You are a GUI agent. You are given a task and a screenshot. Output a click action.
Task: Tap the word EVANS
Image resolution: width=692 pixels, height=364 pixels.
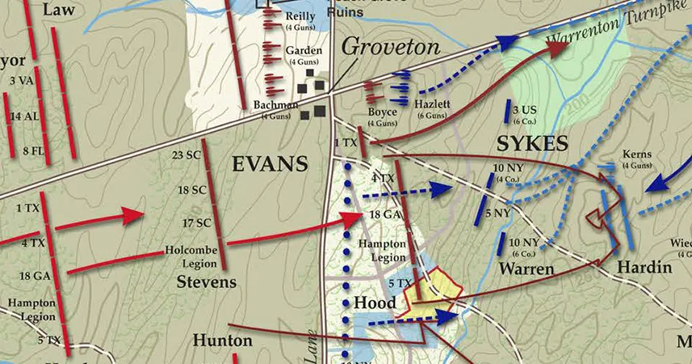tap(270, 164)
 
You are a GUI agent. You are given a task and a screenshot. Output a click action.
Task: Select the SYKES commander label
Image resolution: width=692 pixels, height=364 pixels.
tap(532, 144)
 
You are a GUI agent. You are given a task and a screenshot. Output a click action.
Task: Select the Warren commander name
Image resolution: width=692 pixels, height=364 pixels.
tap(526, 268)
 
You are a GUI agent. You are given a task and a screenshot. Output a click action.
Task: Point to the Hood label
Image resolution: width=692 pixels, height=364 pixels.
tap(375, 302)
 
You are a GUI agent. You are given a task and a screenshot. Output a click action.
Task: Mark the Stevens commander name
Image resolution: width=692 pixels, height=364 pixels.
tap(207, 281)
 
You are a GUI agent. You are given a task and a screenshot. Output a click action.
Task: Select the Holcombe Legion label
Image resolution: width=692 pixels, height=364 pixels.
tap(192, 255)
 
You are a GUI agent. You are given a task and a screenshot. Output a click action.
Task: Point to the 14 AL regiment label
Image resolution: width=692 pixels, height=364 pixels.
tap(22, 116)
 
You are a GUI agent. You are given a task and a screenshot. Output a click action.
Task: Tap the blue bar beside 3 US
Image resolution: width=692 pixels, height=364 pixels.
tap(514, 114)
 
